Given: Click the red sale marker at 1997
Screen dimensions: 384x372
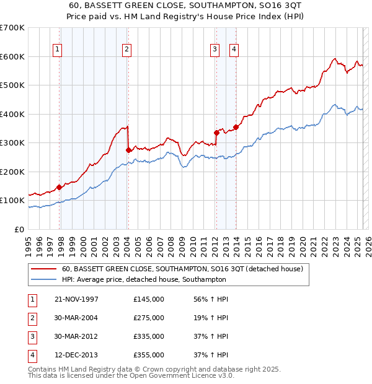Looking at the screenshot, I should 60,187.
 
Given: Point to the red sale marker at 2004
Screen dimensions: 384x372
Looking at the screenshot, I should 128,150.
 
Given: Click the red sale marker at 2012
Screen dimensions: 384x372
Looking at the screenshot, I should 216,133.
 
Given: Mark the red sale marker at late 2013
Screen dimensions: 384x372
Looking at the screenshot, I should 236,127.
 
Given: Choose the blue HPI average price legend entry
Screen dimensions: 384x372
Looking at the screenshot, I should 144,280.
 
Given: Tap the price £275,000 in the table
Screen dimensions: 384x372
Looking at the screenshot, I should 149,318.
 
